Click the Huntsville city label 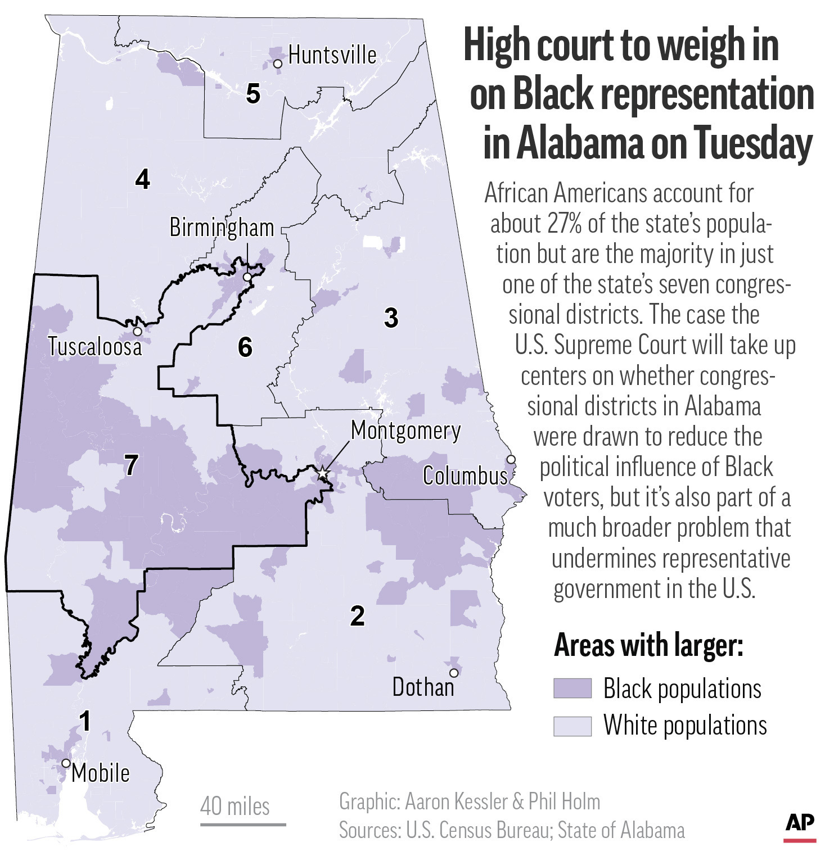tap(332, 56)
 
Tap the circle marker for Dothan tap(454, 673)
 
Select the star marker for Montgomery tap(322, 474)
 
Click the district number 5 tap(253, 94)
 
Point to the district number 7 tap(131, 465)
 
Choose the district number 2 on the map tap(357, 616)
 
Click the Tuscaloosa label tap(94, 347)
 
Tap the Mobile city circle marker tap(66, 763)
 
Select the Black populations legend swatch tap(572, 688)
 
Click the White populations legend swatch tap(572, 726)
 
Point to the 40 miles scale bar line tap(243, 825)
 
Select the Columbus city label tap(465, 476)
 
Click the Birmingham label tap(222, 228)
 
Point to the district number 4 tap(143, 179)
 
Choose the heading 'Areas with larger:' tap(648, 645)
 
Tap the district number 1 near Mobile tap(85, 721)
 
